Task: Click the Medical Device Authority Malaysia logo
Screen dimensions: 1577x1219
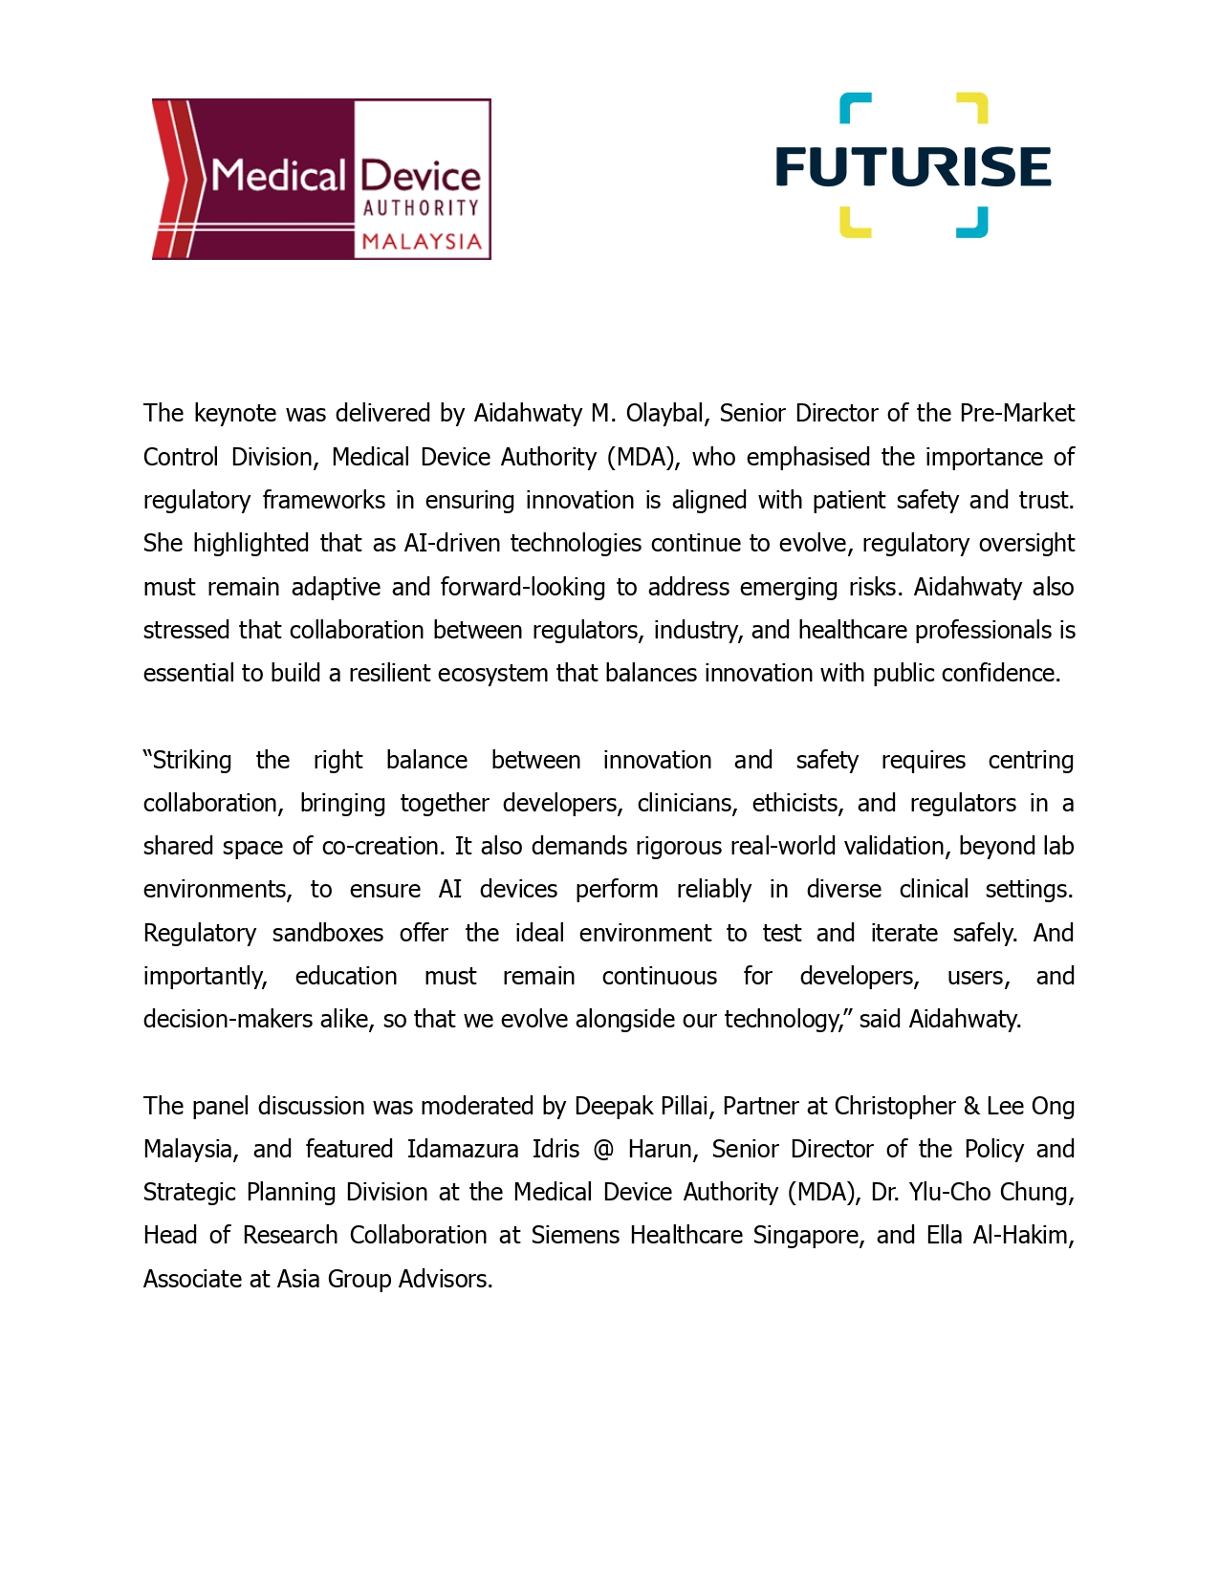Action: pos(321,179)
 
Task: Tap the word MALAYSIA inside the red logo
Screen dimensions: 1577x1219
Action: pos(422,241)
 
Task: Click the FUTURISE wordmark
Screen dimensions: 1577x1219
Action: pos(913,166)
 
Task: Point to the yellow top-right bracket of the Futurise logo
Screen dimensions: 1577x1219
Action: pos(973,106)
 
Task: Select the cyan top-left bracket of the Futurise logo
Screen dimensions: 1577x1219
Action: pos(854,106)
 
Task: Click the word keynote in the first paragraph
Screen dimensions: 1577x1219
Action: pos(236,413)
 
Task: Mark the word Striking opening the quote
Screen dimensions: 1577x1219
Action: pos(189,760)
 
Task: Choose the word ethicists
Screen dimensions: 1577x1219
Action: pos(797,803)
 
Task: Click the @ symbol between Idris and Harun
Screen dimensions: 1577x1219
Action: pos(603,1149)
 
